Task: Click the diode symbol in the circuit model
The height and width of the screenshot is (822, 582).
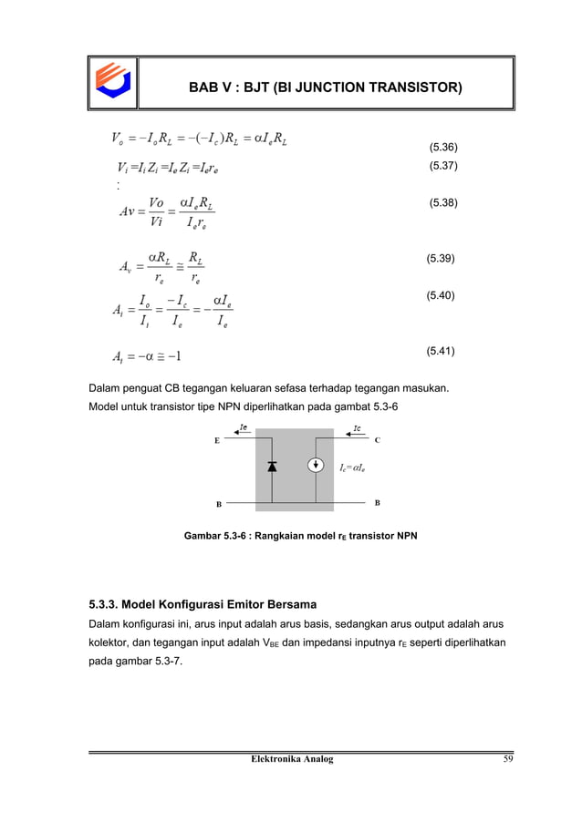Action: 272,467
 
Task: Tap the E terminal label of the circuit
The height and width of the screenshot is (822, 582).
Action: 216,439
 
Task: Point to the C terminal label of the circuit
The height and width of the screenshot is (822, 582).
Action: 378,439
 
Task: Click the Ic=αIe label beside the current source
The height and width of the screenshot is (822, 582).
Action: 354,468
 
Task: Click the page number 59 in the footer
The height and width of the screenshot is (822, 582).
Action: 493,759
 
